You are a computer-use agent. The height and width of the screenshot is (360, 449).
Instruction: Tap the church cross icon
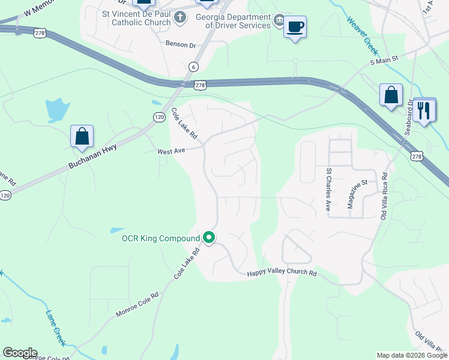pos(180,17)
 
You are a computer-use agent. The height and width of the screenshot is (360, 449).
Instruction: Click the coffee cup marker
pos(295,28)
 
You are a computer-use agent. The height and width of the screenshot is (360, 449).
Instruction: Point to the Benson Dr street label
pos(181,45)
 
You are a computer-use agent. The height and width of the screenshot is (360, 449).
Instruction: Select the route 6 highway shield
pos(193,67)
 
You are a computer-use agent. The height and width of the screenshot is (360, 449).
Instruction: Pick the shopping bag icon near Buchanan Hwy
pos(82,136)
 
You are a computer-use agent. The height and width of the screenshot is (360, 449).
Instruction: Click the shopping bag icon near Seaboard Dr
pos(391,95)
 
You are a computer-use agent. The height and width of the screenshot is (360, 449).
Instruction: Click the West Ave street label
pos(170,152)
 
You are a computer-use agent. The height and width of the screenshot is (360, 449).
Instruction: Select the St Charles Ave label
pos(328,189)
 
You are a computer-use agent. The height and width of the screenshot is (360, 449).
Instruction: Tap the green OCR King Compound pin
pos(209,238)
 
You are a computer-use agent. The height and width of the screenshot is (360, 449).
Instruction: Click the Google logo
pos(20,353)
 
